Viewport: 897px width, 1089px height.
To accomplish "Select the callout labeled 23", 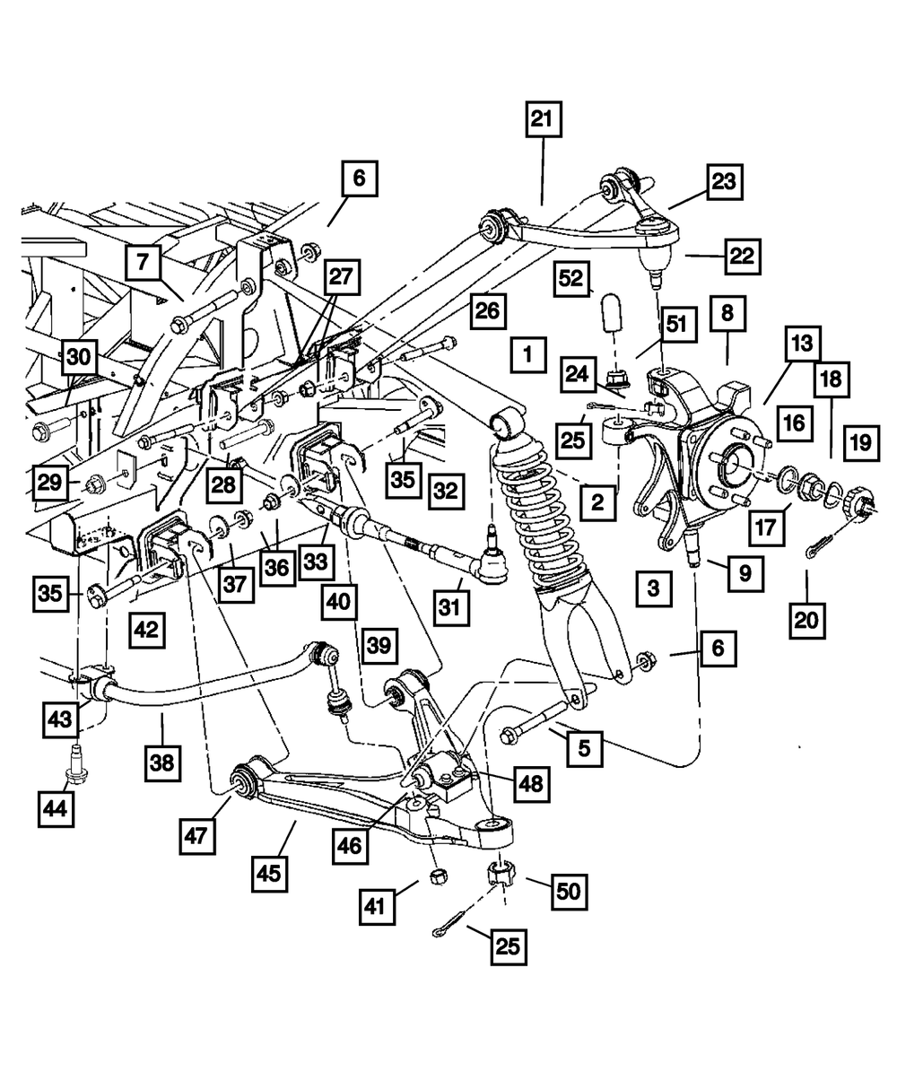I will pyautogui.click(x=723, y=182).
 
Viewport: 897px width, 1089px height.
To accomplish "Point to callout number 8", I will pyautogui.click(x=726, y=314).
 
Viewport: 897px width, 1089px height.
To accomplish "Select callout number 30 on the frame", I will pyautogui.click(x=80, y=357).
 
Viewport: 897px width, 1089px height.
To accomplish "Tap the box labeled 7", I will pyautogui.click(x=144, y=264).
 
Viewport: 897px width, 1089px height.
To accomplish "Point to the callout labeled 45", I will pyautogui.click(x=270, y=872).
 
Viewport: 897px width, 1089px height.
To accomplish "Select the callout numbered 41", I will pyautogui.click(x=379, y=904).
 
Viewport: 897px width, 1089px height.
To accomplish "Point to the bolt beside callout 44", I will pyautogui.click(x=75, y=764).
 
